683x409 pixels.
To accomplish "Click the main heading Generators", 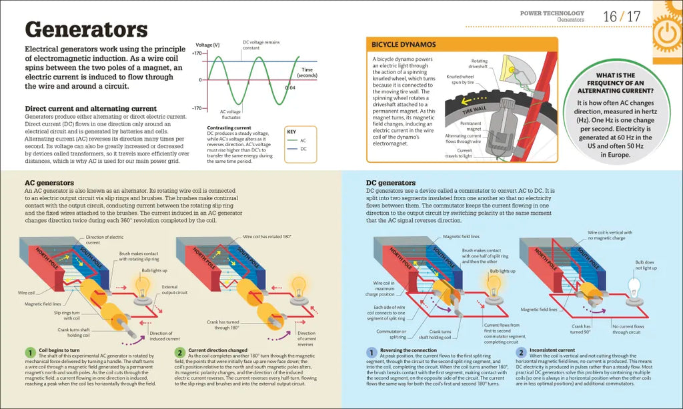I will point(86,30).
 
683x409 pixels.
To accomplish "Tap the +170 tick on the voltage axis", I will point(196,53).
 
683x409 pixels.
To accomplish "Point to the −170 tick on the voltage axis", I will point(196,107).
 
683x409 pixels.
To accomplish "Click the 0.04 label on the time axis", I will point(290,87).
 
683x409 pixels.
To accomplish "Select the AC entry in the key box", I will point(303,140).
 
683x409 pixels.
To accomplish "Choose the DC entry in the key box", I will point(303,150).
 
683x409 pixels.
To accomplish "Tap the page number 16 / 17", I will point(621,16).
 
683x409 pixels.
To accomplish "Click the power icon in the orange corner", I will point(664,32).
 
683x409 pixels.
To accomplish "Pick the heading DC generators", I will point(391,182).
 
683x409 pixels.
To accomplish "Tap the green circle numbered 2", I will point(179,352).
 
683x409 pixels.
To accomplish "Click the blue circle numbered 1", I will point(372,352).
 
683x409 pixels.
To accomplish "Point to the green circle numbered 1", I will point(29,352).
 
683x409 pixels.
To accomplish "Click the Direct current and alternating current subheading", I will point(90,109).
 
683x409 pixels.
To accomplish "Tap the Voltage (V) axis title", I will point(207,45).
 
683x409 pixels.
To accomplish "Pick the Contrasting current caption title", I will point(229,127).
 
